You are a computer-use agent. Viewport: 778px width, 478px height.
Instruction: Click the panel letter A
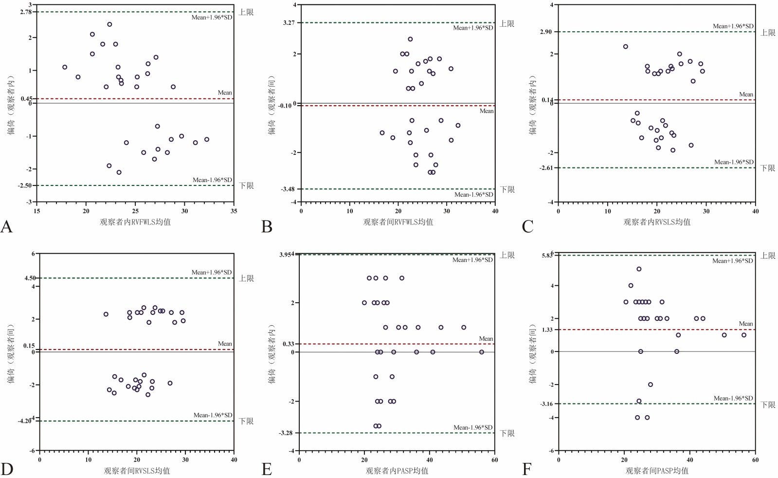[6, 226]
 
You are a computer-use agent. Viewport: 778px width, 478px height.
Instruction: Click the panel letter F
[527, 470]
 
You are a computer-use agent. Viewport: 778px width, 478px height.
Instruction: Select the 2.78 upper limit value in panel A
[26, 12]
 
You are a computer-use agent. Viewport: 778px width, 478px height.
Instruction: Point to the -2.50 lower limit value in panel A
[25, 185]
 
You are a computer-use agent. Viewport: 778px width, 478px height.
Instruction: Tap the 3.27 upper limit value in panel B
[289, 22]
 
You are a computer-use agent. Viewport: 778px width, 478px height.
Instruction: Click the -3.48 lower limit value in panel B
[288, 189]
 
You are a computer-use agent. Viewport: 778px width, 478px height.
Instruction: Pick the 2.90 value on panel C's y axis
[546, 32]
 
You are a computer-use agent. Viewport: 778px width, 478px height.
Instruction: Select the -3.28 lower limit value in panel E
[286, 433]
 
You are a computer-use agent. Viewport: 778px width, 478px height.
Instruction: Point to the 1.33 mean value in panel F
[547, 330]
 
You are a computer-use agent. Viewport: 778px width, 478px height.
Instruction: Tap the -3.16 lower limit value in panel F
[546, 404]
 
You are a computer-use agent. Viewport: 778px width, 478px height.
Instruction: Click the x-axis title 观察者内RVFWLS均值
[135, 222]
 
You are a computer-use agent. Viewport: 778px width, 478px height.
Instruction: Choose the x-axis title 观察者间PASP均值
[657, 471]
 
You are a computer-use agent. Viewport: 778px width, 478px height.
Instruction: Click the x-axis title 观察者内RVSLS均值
[657, 222]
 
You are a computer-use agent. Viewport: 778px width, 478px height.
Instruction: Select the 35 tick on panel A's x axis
[234, 211]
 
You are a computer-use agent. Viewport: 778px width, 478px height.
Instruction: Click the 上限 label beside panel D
[246, 278]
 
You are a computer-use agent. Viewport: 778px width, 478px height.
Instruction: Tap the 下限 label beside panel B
[507, 189]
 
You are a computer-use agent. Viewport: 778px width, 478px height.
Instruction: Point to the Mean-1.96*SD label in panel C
[734, 162]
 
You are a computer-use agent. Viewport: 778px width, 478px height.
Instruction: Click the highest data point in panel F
[639, 269]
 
